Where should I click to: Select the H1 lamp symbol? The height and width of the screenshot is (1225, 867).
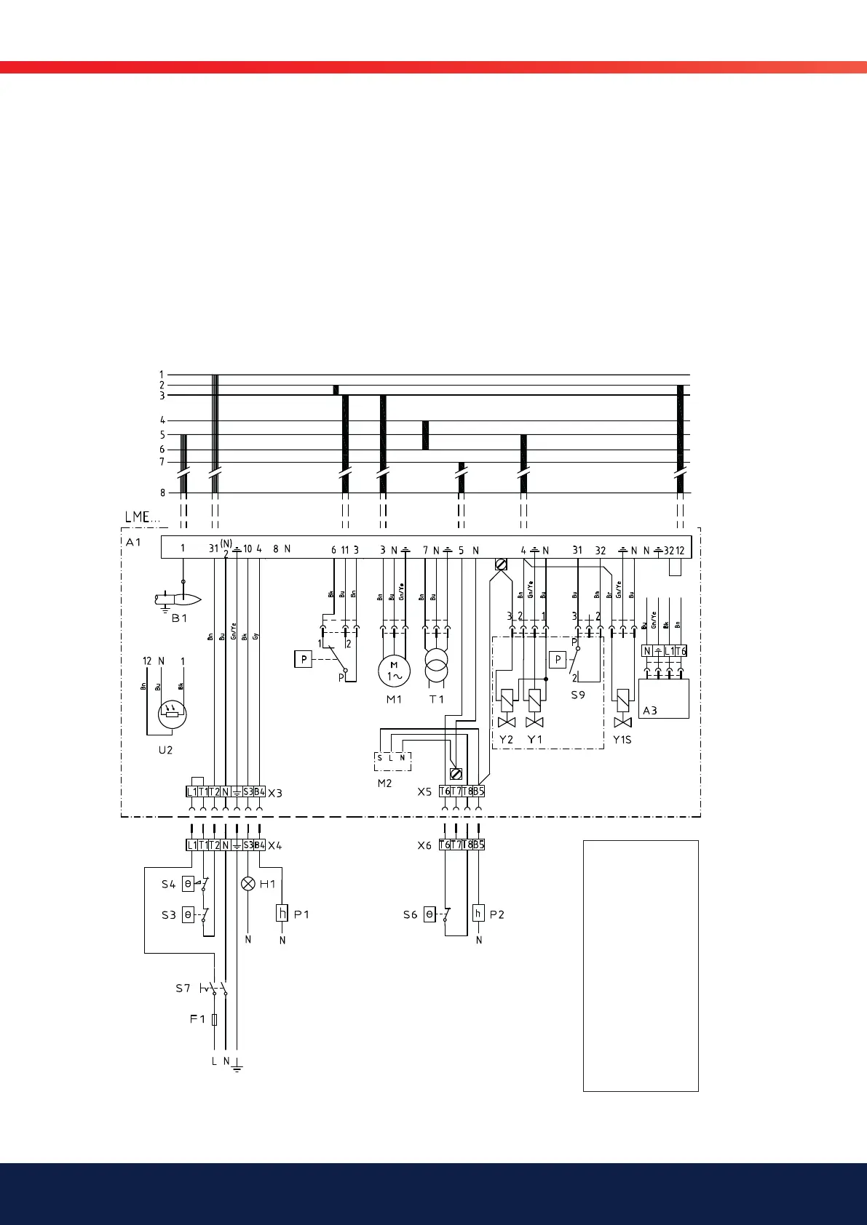click(x=248, y=884)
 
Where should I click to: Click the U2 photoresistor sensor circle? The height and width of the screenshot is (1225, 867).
click(x=173, y=713)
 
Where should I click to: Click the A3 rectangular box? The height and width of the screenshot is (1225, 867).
click(x=663, y=698)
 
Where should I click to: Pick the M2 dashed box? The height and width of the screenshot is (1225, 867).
click(x=392, y=761)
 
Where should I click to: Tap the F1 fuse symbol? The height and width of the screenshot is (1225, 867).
click(x=214, y=1020)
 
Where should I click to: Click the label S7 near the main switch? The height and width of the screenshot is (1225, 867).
click(x=183, y=989)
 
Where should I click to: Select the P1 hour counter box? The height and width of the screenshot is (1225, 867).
click(x=282, y=913)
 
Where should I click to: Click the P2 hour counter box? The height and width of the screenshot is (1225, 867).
click(x=478, y=913)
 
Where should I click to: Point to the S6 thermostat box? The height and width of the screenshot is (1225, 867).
click(x=429, y=914)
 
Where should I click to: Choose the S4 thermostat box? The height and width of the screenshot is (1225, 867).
click(x=188, y=885)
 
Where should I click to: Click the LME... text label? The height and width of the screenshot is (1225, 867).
click(x=141, y=517)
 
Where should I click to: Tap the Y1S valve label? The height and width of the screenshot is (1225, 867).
click(x=622, y=740)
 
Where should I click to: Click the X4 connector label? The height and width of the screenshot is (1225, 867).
click(x=274, y=845)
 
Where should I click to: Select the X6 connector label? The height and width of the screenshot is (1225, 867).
click(x=424, y=845)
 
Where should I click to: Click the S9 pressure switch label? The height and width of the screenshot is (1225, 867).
click(x=578, y=695)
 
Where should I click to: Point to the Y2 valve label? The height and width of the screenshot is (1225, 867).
click(x=506, y=740)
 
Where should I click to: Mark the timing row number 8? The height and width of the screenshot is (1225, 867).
click(x=162, y=493)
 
